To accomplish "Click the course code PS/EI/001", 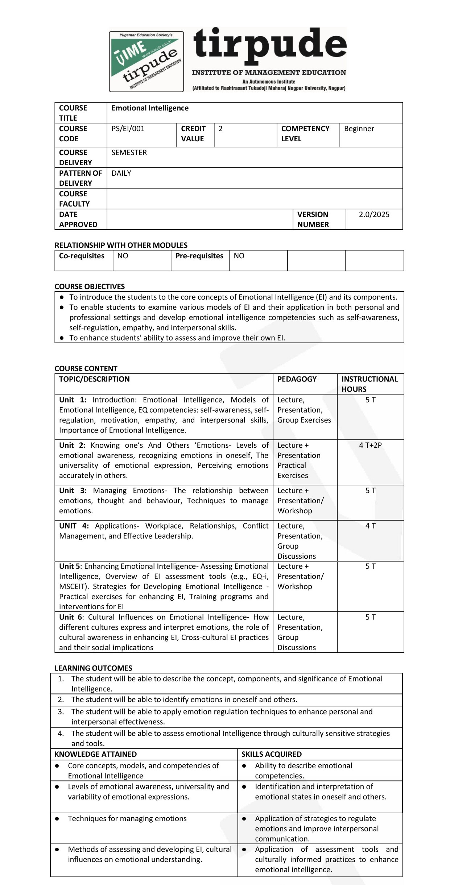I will pyautogui.click(x=128, y=129).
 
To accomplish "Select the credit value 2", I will pyautogui.click(x=220, y=129).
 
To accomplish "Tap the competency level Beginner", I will pyautogui.click(x=359, y=129).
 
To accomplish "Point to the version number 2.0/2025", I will pyautogui.click(x=374, y=214).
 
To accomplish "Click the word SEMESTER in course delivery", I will pyautogui.click(x=129, y=153).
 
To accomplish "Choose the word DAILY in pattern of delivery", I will pyautogui.click(x=121, y=173).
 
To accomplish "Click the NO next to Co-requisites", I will pyautogui.click(x=123, y=256).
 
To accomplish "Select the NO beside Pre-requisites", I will pyautogui.click(x=239, y=256).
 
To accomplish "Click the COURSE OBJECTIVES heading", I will pyautogui.click(x=90, y=287).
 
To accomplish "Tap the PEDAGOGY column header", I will pyautogui.click(x=297, y=379).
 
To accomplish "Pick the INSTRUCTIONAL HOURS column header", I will pyautogui.click(x=370, y=384).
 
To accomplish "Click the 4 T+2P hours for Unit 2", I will pyautogui.click(x=370, y=445).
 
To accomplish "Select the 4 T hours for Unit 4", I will pyautogui.click(x=370, y=526).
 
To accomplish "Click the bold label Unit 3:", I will pyautogui.click(x=73, y=490).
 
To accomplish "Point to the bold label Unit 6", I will pyautogui.click(x=70, y=617).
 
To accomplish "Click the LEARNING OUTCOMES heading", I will pyautogui.click(x=93, y=668).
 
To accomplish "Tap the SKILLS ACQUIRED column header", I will pyautogui.click(x=271, y=754).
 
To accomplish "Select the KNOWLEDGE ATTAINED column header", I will pyautogui.click(x=96, y=754).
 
